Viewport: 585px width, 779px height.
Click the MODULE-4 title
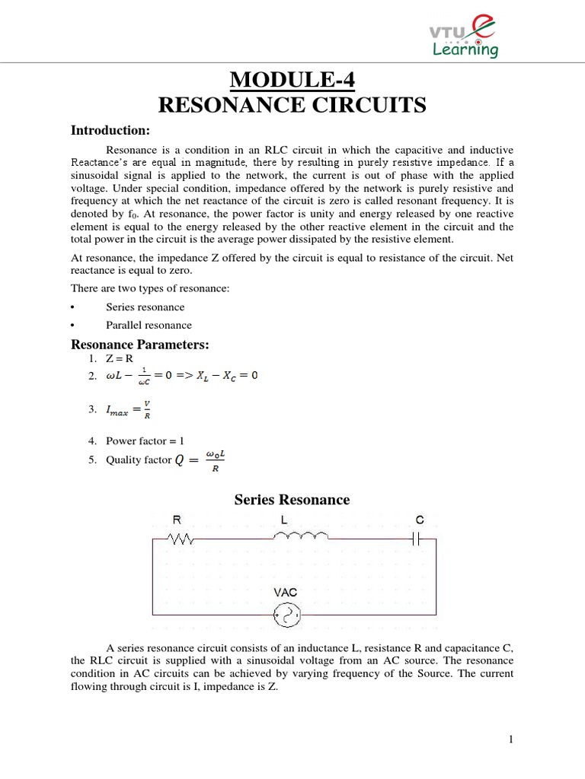pos(292,81)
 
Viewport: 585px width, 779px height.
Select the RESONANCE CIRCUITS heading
pos(292,106)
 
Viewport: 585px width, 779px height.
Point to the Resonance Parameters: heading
pos(139,345)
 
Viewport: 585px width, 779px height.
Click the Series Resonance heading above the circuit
pos(292,500)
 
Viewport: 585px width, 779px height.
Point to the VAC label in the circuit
pos(286,591)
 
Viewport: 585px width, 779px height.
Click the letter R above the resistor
pos(177,520)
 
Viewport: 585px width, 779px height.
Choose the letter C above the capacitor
pos(420,520)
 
